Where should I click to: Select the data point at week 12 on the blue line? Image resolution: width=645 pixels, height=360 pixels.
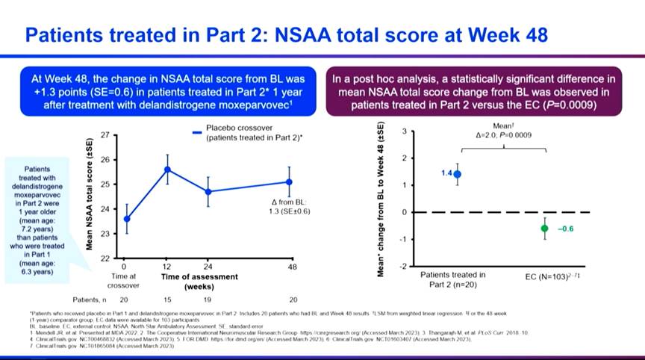pos(168,169)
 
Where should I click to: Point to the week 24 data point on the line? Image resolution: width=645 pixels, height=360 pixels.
pos(208,191)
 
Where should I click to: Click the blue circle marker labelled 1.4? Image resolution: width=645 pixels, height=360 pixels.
pos(457,174)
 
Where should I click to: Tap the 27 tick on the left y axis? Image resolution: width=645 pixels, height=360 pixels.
pos(105,135)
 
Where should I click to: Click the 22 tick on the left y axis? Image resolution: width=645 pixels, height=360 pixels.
pos(105,258)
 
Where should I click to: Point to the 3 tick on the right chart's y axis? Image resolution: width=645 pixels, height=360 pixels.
pos(404,131)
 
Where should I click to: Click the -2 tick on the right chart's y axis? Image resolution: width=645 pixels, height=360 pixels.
pos(402,266)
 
